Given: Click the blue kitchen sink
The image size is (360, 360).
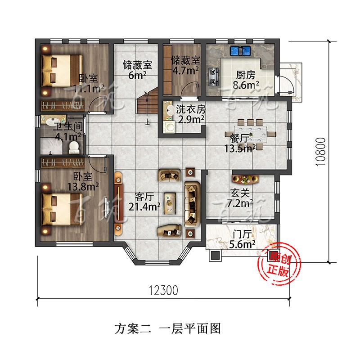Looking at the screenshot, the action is (240, 51).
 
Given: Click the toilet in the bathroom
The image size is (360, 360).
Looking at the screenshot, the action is (74, 148).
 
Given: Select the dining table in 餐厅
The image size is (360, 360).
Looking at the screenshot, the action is (250, 134).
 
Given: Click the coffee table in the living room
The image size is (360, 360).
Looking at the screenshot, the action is (170, 203).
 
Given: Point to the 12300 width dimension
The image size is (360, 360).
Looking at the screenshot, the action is (163, 290).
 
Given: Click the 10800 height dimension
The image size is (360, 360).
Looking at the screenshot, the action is (320, 152).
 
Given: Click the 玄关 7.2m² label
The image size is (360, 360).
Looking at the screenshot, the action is (240, 198).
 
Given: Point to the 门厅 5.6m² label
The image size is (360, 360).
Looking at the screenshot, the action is (242, 239).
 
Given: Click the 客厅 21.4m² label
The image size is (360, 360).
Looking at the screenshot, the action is (144, 202).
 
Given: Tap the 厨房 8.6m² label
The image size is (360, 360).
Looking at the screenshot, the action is (246, 80).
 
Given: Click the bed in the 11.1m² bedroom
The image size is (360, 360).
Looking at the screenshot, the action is (62, 71).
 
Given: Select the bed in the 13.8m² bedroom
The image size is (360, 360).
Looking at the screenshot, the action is (62, 209).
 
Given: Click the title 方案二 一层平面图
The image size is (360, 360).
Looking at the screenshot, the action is (168, 328).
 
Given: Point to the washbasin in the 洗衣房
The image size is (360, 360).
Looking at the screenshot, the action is (170, 110).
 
